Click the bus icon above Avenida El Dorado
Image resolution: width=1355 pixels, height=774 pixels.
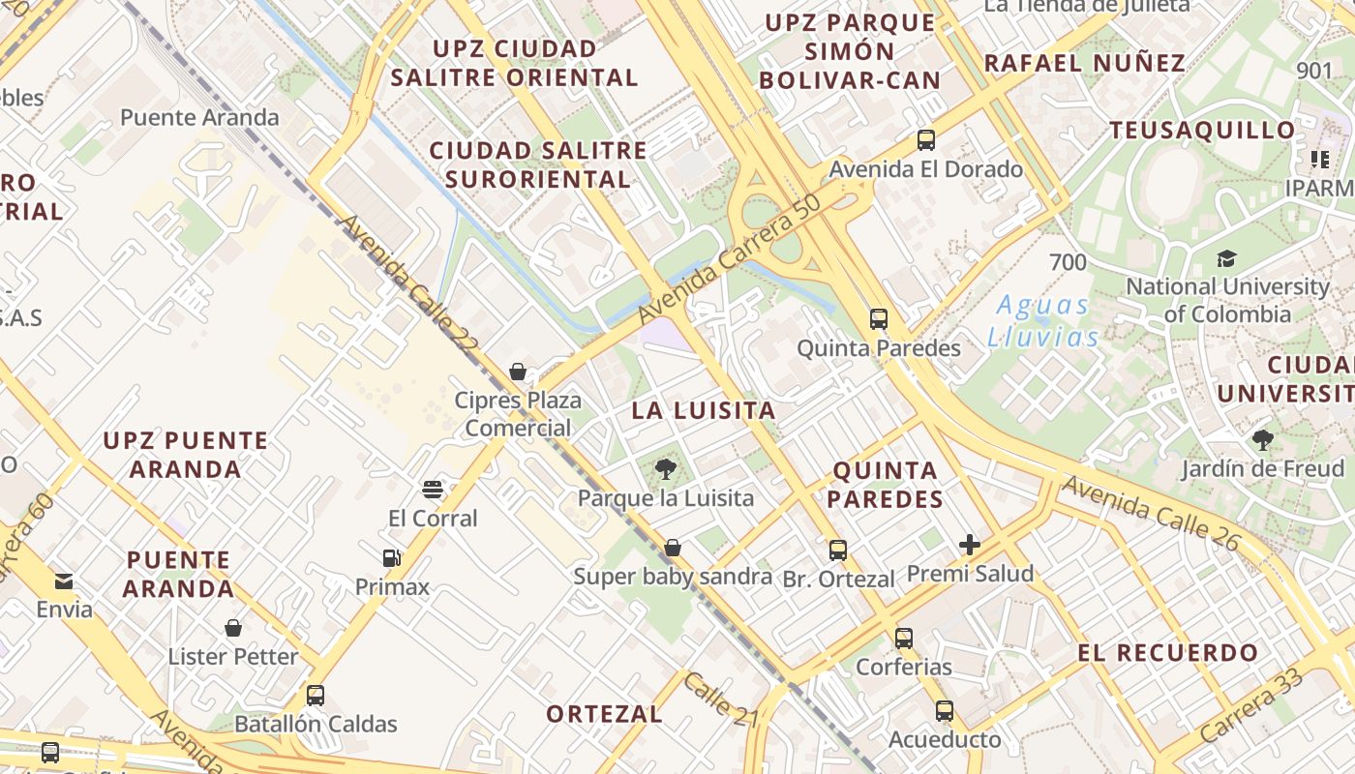(926, 140)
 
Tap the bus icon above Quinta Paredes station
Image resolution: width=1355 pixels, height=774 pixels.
(879, 318)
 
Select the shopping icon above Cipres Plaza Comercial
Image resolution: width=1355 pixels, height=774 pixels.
(518, 372)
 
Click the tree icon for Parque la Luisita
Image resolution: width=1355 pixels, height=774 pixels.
(665, 470)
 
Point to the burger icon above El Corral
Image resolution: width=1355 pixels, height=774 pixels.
(433, 490)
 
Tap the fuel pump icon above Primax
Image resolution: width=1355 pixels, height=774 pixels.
(392, 558)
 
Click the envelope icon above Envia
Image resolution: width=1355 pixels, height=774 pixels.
(64, 581)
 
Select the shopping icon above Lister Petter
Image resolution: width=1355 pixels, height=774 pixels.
(233, 628)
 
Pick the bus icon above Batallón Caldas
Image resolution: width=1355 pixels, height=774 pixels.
(316, 695)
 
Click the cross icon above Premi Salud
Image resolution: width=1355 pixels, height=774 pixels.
(970, 545)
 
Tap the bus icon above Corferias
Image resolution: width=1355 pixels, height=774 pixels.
(904, 638)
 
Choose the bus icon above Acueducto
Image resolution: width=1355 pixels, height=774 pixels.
(945, 711)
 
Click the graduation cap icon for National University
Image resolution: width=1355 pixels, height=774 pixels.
(1227, 258)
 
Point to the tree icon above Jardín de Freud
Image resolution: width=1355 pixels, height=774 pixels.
(1263, 441)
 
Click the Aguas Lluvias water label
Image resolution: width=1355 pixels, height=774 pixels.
(1043, 321)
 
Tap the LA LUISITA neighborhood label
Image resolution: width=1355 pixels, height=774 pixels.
(704, 410)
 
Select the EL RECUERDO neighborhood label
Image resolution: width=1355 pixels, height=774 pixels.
(1168, 653)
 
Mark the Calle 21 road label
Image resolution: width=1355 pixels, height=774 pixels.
(721, 700)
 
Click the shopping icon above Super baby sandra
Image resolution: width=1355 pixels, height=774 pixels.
(673, 549)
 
